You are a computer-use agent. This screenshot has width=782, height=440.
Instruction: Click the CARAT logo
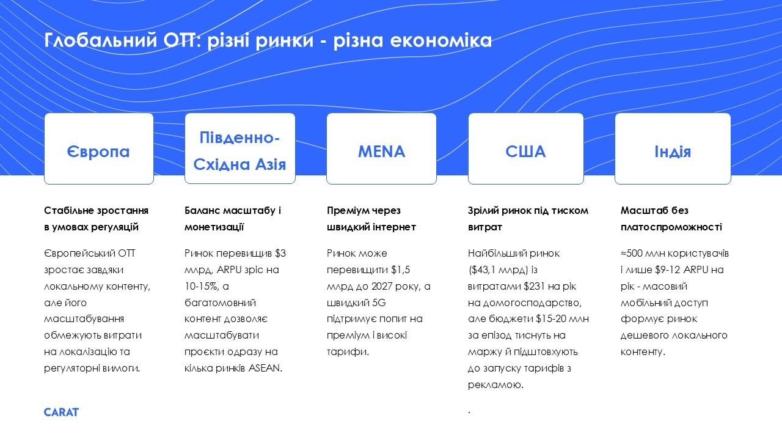(x=61, y=412)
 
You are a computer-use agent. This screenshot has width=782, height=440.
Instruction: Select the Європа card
(x=99, y=148)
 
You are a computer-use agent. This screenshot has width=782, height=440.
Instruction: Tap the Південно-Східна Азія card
(x=240, y=148)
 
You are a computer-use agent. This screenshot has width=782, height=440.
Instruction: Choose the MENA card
(x=381, y=148)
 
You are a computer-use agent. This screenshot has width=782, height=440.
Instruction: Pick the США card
(x=526, y=148)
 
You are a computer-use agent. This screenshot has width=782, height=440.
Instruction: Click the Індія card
(x=673, y=148)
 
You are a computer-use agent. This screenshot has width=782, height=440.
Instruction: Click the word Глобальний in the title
(x=101, y=40)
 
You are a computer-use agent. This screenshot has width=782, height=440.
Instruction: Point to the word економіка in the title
(x=441, y=40)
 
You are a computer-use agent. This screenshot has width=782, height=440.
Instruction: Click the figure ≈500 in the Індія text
(x=632, y=253)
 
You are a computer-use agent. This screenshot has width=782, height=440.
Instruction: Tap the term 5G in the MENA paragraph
(x=379, y=302)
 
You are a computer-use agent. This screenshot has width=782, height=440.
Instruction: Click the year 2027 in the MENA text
(x=382, y=286)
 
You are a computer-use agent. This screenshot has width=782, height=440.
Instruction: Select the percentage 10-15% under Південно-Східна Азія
(x=202, y=286)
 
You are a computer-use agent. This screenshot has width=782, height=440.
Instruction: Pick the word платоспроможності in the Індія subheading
(x=671, y=227)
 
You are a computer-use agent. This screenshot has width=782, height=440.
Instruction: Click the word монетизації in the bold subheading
(x=214, y=227)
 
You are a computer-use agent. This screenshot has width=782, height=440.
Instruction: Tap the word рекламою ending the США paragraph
(x=495, y=384)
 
